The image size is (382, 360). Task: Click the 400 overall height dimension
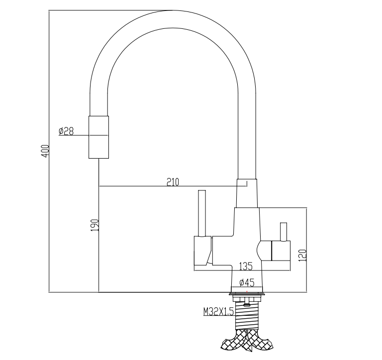44,151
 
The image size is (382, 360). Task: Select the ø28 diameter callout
66,131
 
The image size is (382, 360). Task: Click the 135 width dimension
245,266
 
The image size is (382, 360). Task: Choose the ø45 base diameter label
247,282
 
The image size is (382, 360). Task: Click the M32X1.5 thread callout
218,312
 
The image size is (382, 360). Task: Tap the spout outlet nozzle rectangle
98,137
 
